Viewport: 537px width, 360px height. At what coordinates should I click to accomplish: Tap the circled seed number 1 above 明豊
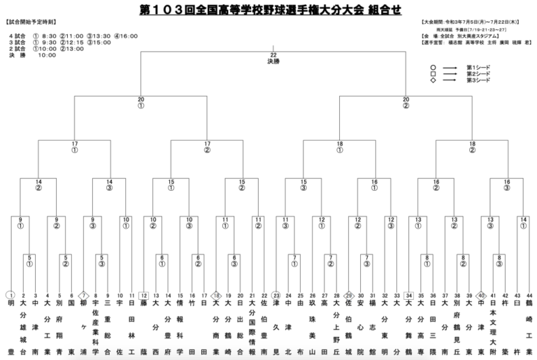pos(10,295)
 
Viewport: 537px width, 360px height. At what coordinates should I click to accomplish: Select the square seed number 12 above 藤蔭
pos(143,295)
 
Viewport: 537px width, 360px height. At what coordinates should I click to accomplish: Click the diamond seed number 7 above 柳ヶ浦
pos(83,295)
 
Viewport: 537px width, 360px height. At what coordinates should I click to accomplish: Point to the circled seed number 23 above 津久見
pos(276,295)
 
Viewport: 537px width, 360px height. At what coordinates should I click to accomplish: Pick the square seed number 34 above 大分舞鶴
pos(409,295)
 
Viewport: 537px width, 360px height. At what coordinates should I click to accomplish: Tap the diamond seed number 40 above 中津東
pos(481,295)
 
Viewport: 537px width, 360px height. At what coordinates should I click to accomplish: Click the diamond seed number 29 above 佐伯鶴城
pos(349,295)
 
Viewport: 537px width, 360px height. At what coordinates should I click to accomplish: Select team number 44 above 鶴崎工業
pos(529,295)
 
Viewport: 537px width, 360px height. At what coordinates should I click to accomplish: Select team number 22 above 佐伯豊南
pos(264,295)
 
